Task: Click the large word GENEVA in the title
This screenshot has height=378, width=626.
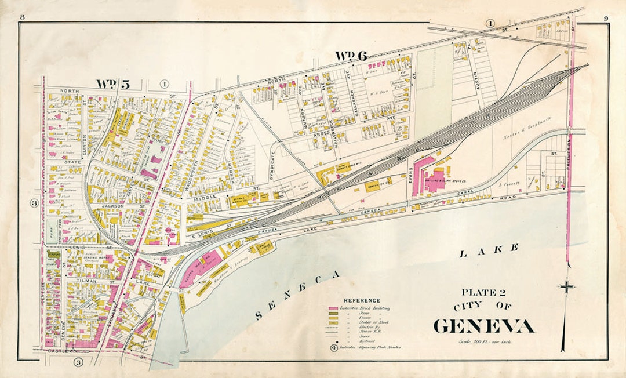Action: click(483, 326)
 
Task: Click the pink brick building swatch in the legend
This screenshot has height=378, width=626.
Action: click(334, 308)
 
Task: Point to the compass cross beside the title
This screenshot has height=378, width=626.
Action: click(567, 286)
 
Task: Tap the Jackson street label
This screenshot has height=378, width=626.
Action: click(117, 206)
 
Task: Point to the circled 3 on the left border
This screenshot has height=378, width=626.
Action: click(34, 203)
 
